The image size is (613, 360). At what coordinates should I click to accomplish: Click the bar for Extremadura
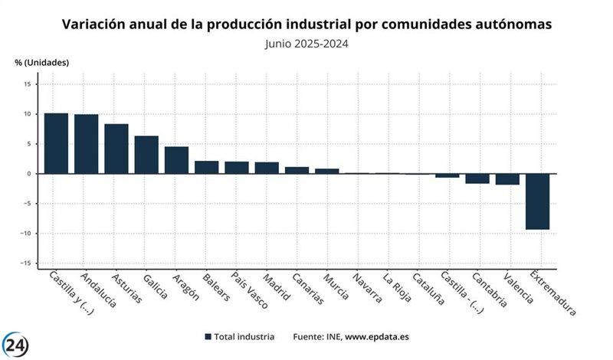(537, 201)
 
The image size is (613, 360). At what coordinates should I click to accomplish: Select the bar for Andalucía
(86, 144)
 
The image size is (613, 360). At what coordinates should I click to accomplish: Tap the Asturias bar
(116, 149)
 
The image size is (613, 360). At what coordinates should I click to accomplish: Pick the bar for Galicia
(146, 155)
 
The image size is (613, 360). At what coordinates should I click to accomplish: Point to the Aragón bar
(176, 160)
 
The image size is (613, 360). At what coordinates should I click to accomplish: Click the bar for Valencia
(507, 179)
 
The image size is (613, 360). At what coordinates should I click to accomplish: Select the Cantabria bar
(477, 178)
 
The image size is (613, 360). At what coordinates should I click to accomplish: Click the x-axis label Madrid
(277, 287)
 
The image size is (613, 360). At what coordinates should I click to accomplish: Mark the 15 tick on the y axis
(26, 84)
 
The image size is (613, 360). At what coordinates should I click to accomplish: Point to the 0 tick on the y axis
(28, 174)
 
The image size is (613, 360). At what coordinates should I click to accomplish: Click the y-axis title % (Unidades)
(41, 62)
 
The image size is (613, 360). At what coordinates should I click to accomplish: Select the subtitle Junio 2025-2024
(306, 44)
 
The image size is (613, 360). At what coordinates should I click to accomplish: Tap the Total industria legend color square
(208, 337)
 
